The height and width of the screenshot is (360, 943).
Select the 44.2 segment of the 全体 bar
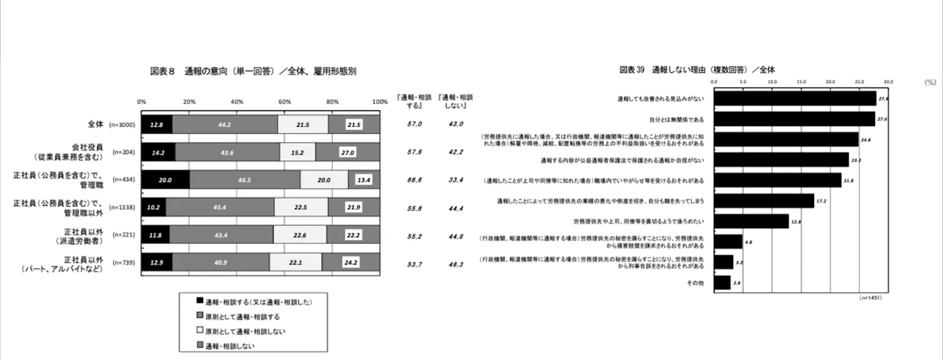click(x=225, y=124)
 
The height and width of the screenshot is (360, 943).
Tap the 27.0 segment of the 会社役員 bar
click(x=347, y=153)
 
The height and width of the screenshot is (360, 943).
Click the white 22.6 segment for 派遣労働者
click(x=300, y=235)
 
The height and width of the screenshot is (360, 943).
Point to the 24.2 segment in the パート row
click(x=351, y=263)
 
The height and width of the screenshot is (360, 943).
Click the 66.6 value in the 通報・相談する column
click(x=415, y=178)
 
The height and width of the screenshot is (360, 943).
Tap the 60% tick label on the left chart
click(x=284, y=101)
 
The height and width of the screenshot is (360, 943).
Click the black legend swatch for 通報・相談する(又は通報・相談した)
click(x=200, y=301)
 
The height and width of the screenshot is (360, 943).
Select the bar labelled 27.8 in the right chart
click(x=795, y=98)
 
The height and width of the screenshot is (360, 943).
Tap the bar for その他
click(x=722, y=282)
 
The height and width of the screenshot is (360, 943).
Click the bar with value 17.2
click(x=763, y=200)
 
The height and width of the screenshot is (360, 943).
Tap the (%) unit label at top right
click(x=930, y=82)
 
